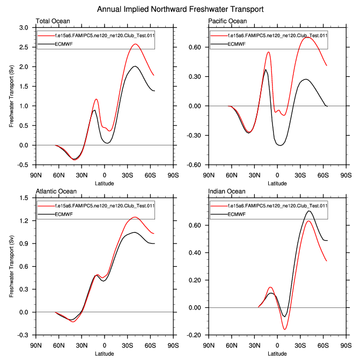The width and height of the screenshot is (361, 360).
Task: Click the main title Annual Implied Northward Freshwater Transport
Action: [x=180, y=10]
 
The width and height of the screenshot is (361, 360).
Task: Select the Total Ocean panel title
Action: [x=53, y=21]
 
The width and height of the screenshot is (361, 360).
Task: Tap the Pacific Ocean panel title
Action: [x=227, y=21]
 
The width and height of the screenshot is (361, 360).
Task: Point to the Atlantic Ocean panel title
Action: [x=56, y=192]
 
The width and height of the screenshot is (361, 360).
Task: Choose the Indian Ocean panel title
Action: [x=226, y=192]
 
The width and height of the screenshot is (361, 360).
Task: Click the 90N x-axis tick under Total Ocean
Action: [x=35, y=174]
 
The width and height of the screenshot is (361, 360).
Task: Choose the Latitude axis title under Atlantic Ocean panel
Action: [x=105, y=354]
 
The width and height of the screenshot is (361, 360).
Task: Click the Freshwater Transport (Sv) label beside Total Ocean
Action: [x=11, y=96]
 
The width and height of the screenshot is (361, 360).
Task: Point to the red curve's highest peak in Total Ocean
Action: [x=135, y=44]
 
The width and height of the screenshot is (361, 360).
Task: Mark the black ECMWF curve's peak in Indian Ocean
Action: [x=308, y=211]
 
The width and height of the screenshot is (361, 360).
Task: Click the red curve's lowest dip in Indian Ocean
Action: [x=285, y=329]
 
